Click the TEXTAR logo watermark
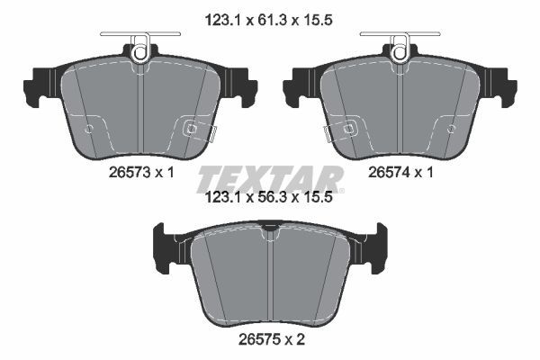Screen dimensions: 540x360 pos(270,179)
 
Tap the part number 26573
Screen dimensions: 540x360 pos(130,172)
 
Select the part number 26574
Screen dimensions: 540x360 pos(389,172)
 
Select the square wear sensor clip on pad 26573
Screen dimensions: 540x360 pos(191,129)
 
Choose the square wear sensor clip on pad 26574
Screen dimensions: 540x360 pos(349,129)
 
